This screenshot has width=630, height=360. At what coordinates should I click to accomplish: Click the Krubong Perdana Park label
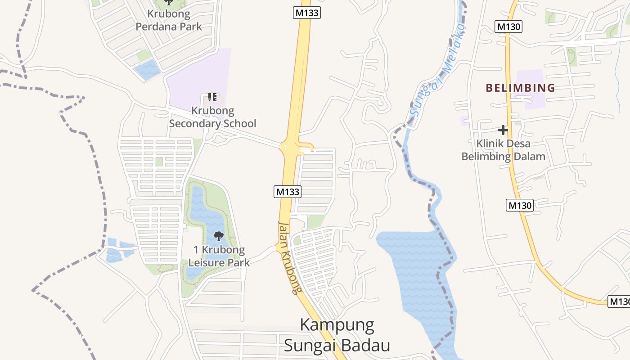click(169, 20)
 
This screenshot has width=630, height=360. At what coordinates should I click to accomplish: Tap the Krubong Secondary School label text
click(213, 117)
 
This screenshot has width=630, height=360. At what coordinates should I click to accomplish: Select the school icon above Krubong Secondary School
click(212, 97)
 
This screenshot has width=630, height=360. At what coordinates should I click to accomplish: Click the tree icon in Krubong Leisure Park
click(219, 236)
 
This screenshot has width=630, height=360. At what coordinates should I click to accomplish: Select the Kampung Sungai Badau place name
click(337, 335)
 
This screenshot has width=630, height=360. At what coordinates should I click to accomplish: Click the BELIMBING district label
click(520, 88)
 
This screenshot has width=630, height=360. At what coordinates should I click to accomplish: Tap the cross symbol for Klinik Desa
click(503, 130)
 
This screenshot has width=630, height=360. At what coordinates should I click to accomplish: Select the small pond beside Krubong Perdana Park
click(147, 69)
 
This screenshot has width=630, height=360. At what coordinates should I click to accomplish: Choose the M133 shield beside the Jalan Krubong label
click(287, 192)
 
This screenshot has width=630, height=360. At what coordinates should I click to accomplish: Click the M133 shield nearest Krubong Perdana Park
click(307, 13)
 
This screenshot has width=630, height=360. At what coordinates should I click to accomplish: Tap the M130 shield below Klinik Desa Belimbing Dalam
click(520, 206)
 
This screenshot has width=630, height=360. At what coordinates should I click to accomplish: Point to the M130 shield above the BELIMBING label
click(508, 27)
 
